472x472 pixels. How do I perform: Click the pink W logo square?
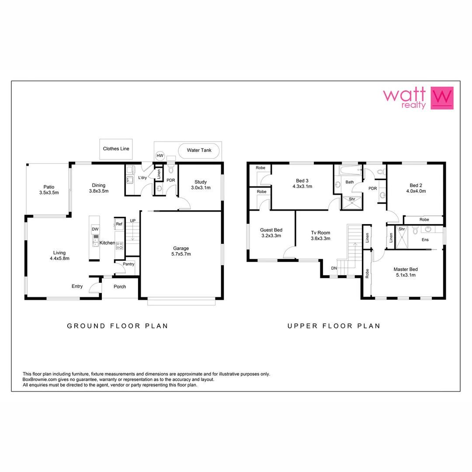[x=442, y=98]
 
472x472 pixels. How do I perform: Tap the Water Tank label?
[x=199, y=150]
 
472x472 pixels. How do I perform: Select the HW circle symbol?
[x=160, y=156]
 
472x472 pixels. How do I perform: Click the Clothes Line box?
[x=116, y=149]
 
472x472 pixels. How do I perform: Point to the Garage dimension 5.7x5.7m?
[x=180, y=254]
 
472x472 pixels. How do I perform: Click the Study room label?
[x=201, y=182]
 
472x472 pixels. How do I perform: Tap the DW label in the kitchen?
[x=94, y=229]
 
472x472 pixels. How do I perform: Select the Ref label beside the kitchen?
[x=119, y=224]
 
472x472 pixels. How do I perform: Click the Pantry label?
[x=128, y=264]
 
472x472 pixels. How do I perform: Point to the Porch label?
[x=120, y=287]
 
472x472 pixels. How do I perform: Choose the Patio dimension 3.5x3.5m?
[x=49, y=192]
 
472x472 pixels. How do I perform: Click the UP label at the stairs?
[x=132, y=220]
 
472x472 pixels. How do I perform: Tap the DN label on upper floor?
[x=334, y=268]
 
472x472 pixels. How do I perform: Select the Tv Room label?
[x=320, y=233]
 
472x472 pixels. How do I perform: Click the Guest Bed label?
[x=271, y=230]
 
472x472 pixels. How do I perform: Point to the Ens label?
[x=425, y=240]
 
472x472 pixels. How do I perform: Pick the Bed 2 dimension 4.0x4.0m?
[x=416, y=191]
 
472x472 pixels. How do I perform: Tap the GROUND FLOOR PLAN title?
[x=117, y=326]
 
